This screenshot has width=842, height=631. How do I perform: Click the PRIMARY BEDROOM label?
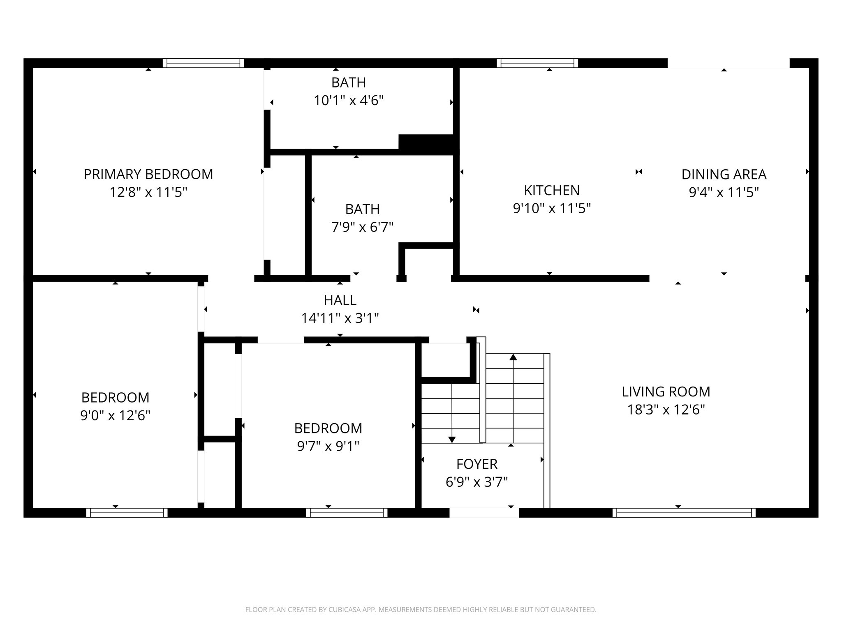(148, 174)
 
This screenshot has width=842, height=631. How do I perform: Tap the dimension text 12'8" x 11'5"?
(148, 192)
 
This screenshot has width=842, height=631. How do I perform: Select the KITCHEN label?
(552, 190)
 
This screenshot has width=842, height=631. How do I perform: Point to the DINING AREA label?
(724, 174)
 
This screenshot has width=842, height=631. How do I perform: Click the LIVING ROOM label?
(666, 391)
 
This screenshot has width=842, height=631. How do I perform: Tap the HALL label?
(340, 300)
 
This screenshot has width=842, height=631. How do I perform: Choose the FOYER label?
(477, 464)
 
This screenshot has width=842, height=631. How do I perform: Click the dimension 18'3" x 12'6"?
(666, 410)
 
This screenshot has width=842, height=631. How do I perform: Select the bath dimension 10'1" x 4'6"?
(349, 101)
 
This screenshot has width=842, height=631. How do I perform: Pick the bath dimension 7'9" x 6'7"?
(362, 227)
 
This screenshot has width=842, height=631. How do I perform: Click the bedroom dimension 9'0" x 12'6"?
(115, 415)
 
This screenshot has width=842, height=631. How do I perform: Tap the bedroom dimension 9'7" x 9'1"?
(328, 446)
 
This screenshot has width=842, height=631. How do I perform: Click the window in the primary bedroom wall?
(204, 63)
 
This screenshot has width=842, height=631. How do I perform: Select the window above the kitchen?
(537, 63)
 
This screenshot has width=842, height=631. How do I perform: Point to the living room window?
(684, 513)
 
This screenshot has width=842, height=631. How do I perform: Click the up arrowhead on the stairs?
(513, 357)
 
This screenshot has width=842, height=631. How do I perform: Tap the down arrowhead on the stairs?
(452, 440)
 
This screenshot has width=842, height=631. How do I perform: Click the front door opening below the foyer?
(483, 513)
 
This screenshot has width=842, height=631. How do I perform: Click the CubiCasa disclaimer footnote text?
(421, 610)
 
